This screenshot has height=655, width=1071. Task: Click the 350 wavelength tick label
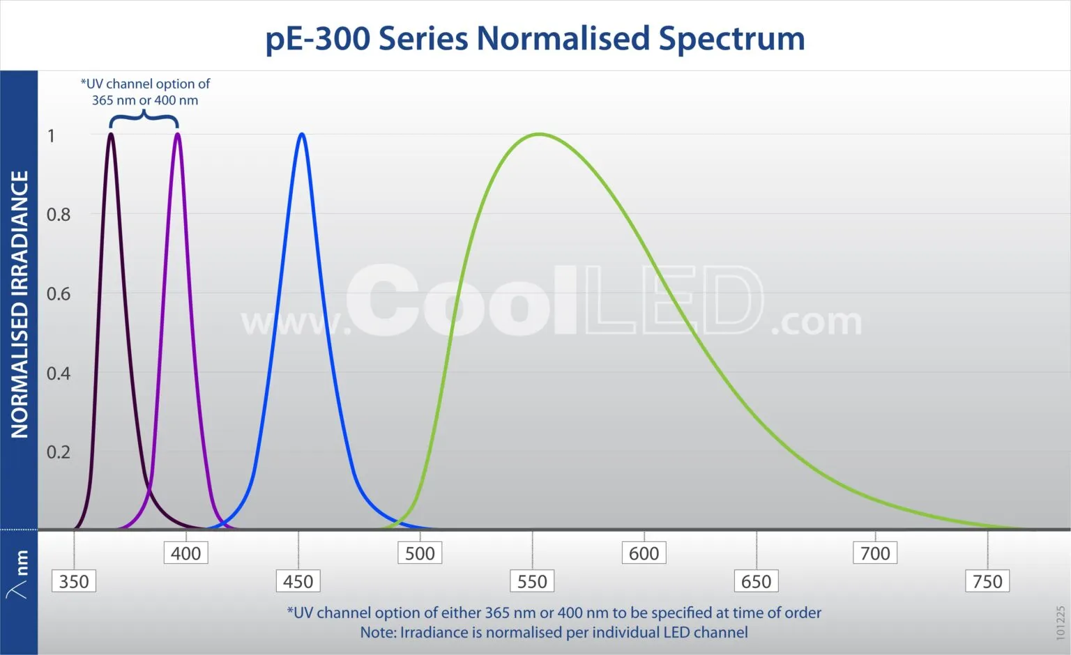point(74,581)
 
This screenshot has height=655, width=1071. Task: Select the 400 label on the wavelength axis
point(186,553)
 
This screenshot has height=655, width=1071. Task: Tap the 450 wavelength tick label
point(298,581)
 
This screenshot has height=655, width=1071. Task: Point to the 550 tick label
point(532,581)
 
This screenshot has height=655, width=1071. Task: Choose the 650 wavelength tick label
point(756,581)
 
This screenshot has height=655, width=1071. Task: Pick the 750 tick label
point(987,581)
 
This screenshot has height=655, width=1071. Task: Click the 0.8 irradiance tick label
point(59,215)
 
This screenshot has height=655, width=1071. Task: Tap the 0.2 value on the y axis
point(59,452)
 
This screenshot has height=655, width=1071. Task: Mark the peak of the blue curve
point(302,134)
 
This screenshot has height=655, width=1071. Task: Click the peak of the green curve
point(539,134)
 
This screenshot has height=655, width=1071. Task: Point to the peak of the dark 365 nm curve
point(111,134)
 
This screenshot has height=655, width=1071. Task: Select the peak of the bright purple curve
point(177,134)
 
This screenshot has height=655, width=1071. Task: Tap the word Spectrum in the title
point(731,39)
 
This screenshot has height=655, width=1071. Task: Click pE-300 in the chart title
point(317,39)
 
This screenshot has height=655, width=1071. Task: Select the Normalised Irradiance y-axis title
point(20,304)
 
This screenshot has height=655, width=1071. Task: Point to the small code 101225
point(1061,622)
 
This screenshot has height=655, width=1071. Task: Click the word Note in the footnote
point(378,632)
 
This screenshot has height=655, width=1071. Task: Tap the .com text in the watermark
point(816,321)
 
